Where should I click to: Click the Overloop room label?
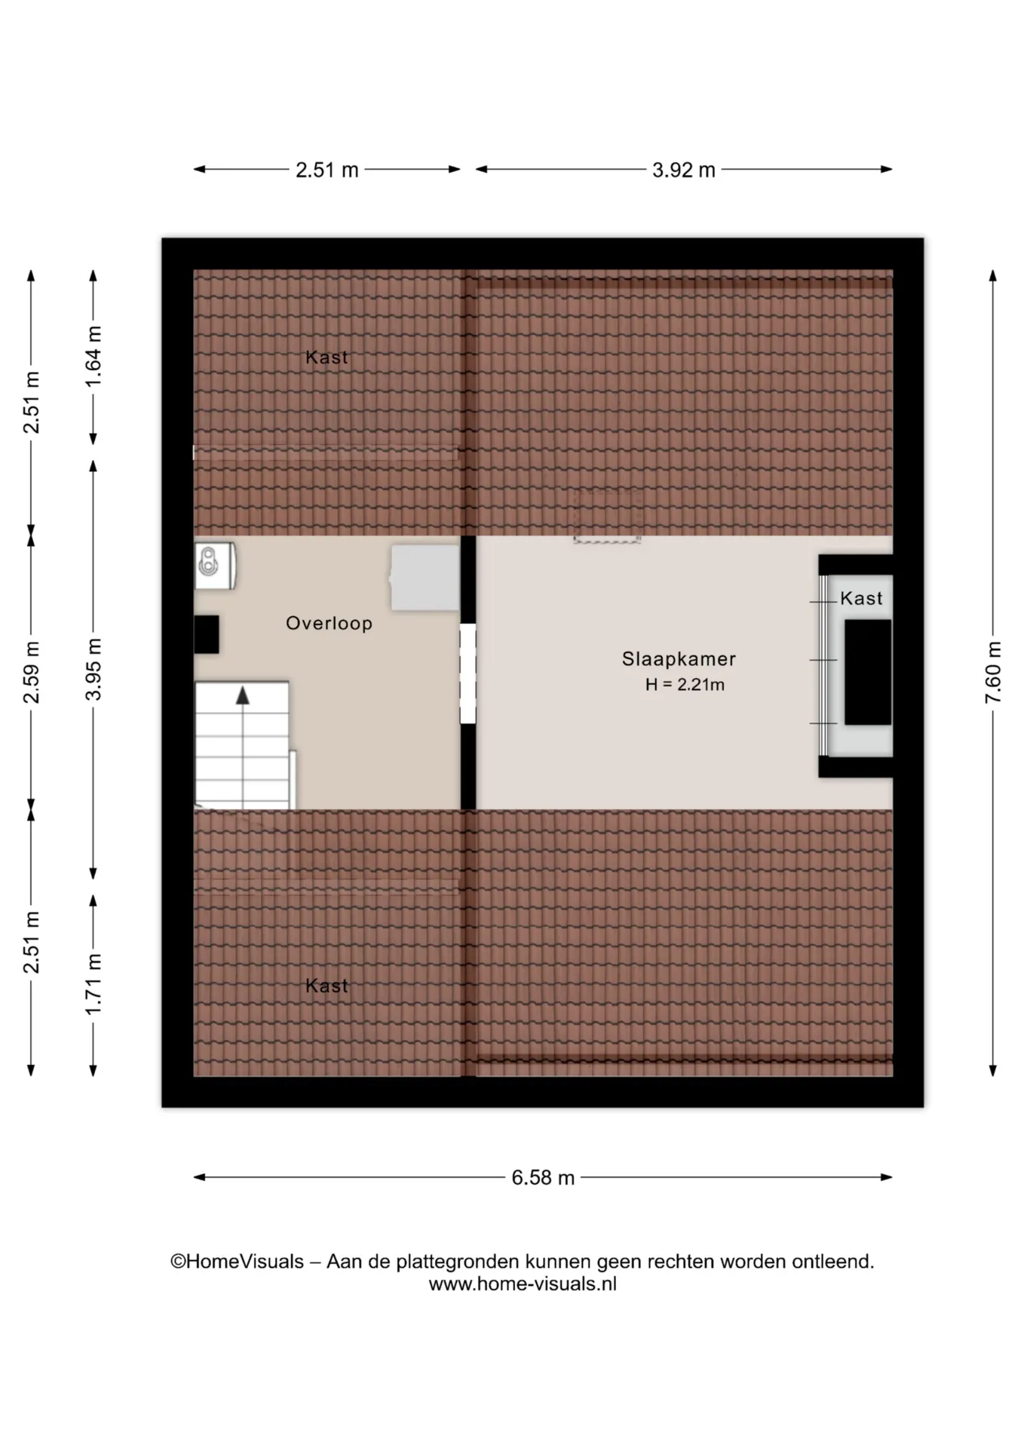(x=329, y=623)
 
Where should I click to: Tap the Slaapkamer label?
(x=679, y=659)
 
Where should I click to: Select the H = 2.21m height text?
(x=685, y=685)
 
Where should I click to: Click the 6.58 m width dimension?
(x=543, y=1177)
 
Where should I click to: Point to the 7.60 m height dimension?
(x=993, y=673)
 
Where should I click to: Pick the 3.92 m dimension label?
(x=684, y=170)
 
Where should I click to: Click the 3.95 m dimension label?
(x=93, y=670)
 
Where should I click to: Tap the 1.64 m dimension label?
(x=93, y=357)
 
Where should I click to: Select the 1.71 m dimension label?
(x=93, y=984)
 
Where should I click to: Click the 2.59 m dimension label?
(x=31, y=673)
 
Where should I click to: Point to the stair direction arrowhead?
(x=243, y=695)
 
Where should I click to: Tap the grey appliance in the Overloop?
(x=425, y=578)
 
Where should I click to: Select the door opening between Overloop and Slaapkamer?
(x=468, y=673)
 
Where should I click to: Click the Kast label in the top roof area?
(x=327, y=357)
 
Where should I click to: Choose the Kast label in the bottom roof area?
(x=327, y=986)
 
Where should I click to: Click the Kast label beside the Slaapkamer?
(x=861, y=599)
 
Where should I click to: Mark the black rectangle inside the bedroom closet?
(x=868, y=673)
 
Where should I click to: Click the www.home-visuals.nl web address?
(x=523, y=1284)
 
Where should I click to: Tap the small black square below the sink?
(x=207, y=634)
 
